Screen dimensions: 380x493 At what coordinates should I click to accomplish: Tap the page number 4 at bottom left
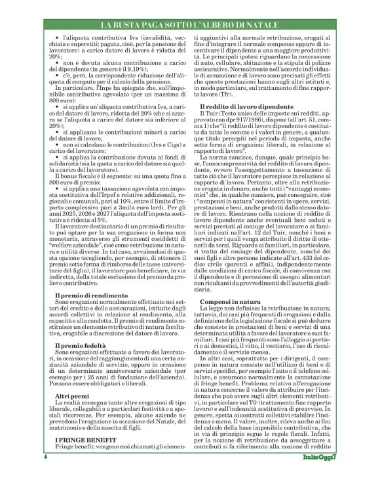(46, 473)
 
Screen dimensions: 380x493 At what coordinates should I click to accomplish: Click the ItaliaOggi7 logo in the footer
(320, 473)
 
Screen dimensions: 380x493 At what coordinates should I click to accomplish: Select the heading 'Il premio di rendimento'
(86, 297)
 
